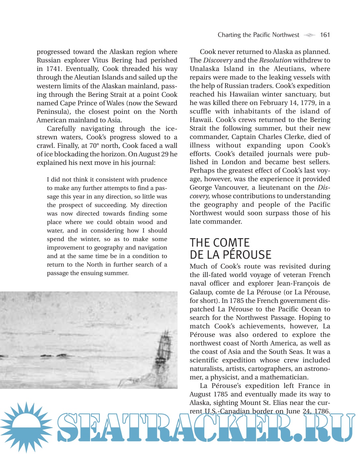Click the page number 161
point(325,35)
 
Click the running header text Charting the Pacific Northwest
point(258,35)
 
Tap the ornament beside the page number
point(309,35)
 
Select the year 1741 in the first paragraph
point(53,69)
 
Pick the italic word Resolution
point(275,60)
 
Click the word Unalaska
point(204,69)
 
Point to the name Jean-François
point(298,283)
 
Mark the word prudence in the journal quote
point(154,180)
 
